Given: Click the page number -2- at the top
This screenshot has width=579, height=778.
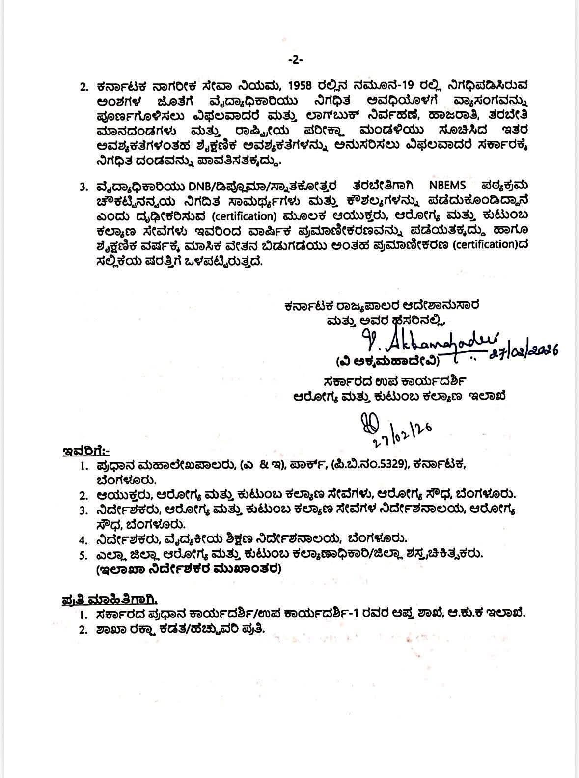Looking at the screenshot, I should click(295, 60).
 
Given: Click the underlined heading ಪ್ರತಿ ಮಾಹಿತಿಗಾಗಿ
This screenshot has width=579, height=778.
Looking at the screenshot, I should click(110, 600).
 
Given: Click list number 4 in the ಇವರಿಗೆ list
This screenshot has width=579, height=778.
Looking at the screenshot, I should click(83, 540).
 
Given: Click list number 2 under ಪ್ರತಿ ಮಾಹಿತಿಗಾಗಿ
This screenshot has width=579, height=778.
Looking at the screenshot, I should click(83, 629).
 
